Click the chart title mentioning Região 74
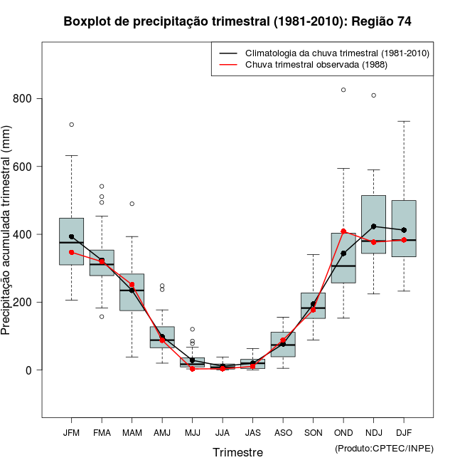(237, 21)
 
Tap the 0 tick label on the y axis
(29, 370)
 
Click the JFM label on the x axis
(71, 432)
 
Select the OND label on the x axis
(343, 432)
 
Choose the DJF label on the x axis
(404, 432)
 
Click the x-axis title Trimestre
(237, 452)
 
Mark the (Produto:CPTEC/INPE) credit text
(384, 448)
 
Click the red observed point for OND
(343, 231)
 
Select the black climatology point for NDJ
(373, 226)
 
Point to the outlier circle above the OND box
(343, 90)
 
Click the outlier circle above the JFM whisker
(71, 125)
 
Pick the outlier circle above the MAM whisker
(132, 204)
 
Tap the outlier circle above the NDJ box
(373, 95)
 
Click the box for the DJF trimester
(404, 228)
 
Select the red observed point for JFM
(71, 252)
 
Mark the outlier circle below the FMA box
(102, 316)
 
